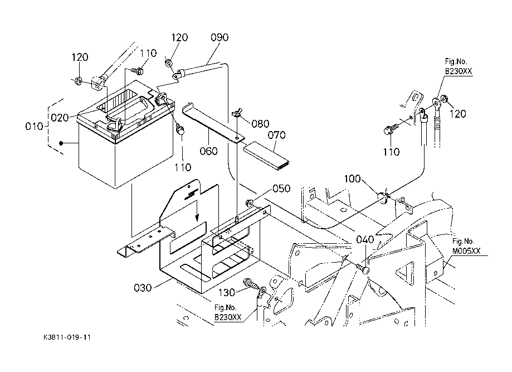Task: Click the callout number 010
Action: [x=34, y=126]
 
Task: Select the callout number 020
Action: [x=60, y=118]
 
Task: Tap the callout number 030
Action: [x=143, y=288]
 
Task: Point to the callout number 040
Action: [x=365, y=240]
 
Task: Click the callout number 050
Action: [x=281, y=189]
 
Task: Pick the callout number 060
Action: [x=209, y=151]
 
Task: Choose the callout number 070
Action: [x=276, y=135]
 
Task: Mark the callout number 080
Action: [x=260, y=124]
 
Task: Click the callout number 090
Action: [x=220, y=37]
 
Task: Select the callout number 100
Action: [x=352, y=179]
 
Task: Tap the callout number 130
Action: [x=226, y=292]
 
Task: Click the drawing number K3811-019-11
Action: [x=67, y=337]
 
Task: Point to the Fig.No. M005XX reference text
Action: [x=466, y=246]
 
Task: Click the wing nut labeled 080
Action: [x=236, y=114]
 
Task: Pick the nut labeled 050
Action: [x=250, y=203]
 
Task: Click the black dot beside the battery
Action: [x=61, y=143]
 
